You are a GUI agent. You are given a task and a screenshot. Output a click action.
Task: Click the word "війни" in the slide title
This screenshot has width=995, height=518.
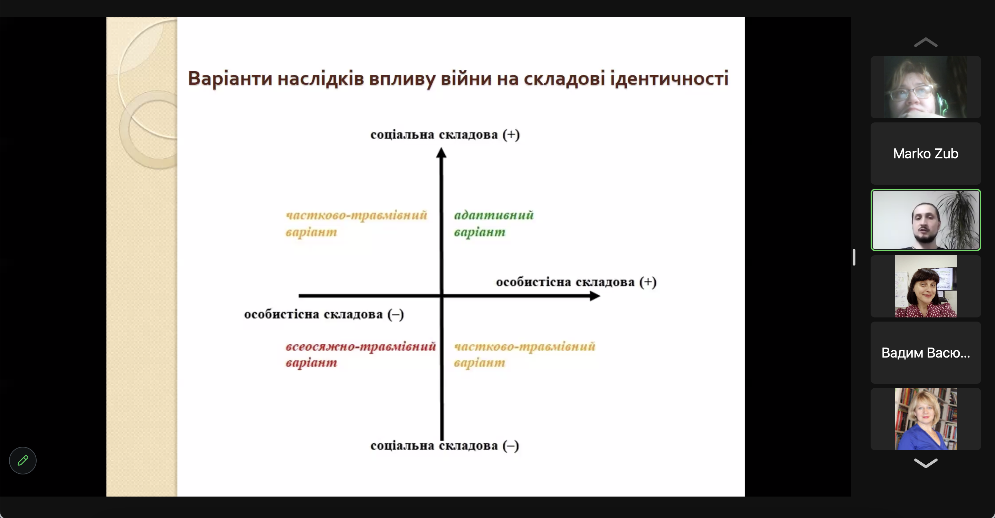pyautogui.click(x=466, y=78)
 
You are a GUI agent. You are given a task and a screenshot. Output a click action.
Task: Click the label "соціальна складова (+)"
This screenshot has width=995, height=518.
pyautogui.click(x=445, y=135)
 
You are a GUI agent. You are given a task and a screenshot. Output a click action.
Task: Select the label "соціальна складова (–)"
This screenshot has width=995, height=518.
pyautogui.click(x=445, y=446)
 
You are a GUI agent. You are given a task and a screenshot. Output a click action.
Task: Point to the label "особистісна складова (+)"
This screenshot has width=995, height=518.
pyautogui.click(x=576, y=282)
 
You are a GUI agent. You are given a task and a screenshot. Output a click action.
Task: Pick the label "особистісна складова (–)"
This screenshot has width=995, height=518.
pyautogui.click(x=324, y=314)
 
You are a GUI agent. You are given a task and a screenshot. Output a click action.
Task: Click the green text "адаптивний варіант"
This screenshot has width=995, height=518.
pyautogui.click(x=494, y=223)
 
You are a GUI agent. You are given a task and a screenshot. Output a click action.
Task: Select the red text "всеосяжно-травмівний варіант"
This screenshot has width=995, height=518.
pyautogui.click(x=361, y=354)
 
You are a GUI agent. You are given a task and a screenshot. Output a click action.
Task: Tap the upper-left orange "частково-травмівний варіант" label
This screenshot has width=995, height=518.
pyautogui.click(x=356, y=223)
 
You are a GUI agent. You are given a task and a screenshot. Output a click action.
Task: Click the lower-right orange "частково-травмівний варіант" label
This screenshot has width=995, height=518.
pyautogui.click(x=524, y=354)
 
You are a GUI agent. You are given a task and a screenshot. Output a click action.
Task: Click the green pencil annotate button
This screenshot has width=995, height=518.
pyautogui.click(x=23, y=460)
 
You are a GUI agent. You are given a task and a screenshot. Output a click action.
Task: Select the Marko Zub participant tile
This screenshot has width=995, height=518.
pyautogui.click(x=926, y=154)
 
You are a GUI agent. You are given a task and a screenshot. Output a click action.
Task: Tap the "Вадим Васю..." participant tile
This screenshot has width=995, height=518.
pyautogui.click(x=926, y=353)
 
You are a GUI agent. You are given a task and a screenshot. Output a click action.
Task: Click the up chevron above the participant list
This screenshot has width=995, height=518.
pyautogui.click(x=926, y=42)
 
